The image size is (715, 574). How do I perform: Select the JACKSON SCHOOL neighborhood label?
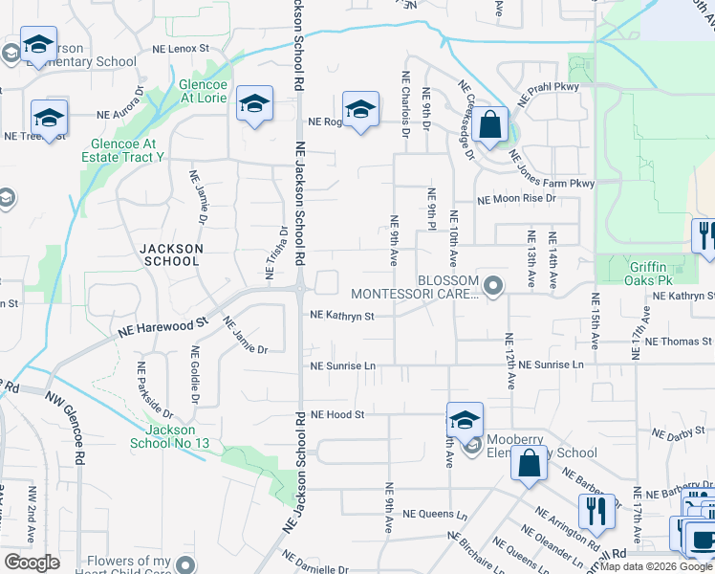[x=171, y=254]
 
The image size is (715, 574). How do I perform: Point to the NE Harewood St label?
[x=162, y=327]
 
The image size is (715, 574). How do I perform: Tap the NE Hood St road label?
[x=338, y=415]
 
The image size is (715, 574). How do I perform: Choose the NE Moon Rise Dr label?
[x=516, y=199]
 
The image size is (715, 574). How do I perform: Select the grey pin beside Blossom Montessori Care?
[x=493, y=285]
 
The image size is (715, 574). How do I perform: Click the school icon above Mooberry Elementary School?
[x=465, y=420]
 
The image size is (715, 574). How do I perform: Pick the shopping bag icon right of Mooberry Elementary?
[x=529, y=464]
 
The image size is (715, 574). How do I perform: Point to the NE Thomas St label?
[x=680, y=341]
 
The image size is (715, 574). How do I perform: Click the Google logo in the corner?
[x=32, y=563]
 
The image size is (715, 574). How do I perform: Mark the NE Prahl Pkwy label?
[x=550, y=93]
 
